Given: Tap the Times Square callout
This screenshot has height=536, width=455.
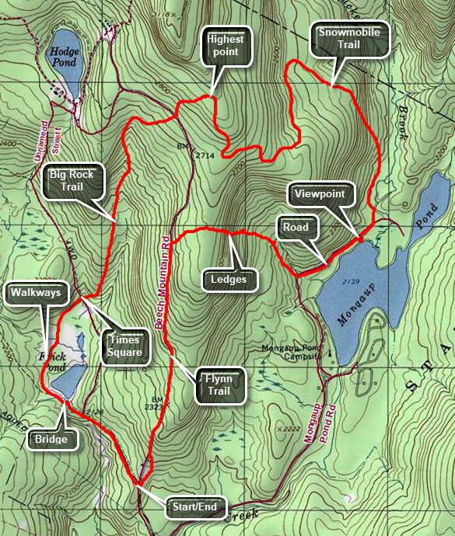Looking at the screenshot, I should tap(126, 345).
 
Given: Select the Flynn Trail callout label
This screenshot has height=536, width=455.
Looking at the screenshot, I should tap(219, 385).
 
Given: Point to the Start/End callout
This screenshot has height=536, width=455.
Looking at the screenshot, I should tap(195, 507).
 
